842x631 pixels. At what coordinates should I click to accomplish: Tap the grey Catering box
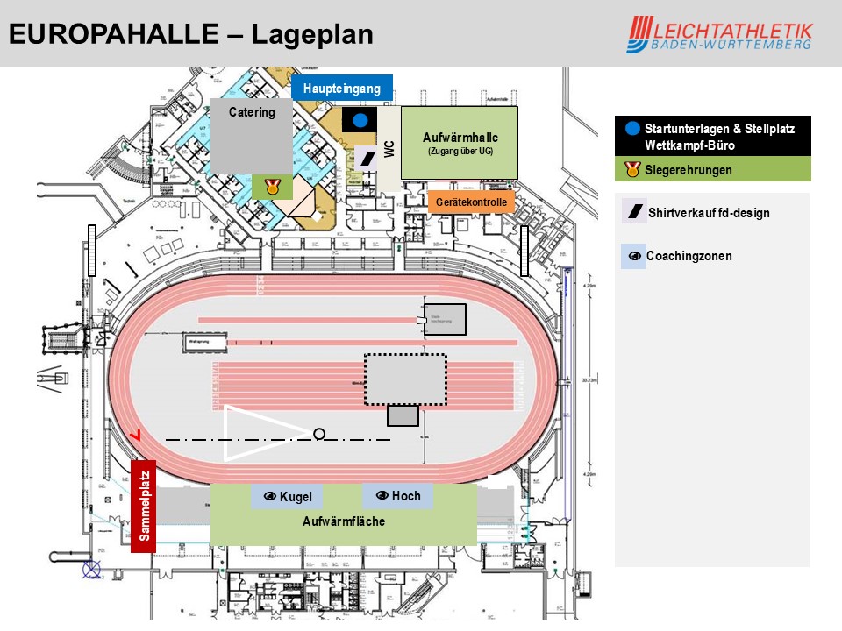(252, 136)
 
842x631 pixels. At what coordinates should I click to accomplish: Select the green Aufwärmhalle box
(460, 142)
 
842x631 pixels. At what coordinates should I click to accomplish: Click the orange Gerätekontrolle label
(471, 202)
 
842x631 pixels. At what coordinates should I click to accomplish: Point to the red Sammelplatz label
(144, 506)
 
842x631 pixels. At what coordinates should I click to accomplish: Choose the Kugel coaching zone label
(289, 497)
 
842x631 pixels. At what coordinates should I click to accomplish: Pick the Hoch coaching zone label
(398, 496)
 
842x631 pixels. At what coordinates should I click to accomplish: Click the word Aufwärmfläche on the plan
(344, 521)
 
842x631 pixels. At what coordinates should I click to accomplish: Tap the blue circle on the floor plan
(360, 120)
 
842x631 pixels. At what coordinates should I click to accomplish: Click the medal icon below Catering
(271, 186)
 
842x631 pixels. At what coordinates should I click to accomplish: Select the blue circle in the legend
(633, 128)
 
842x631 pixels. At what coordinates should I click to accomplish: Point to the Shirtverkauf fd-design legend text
(709, 213)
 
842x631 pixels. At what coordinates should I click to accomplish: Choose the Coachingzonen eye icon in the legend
(633, 257)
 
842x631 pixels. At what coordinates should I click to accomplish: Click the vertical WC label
(389, 148)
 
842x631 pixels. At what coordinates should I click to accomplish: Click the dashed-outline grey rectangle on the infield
(405, 379)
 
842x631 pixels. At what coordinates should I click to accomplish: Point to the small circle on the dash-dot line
(319, 434)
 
